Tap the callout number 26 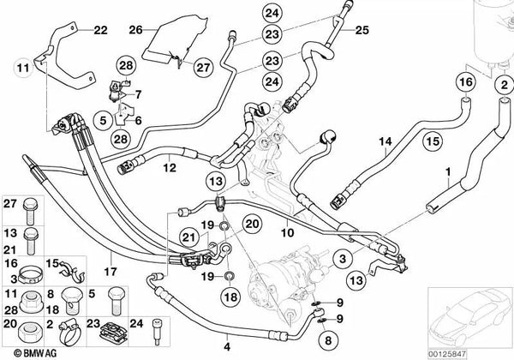pyautogui.click(x=134, y=30)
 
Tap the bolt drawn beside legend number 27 pyautogui.click(x=31, y=207)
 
